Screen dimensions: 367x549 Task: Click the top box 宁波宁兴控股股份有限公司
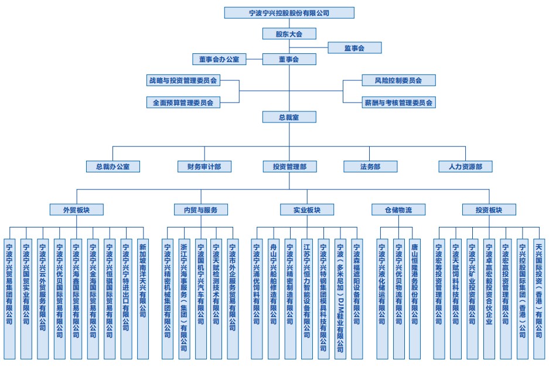(x=289, y=13)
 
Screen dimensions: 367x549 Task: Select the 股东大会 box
(x=289, y=33)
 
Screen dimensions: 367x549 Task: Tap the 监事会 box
(x=354, y=47)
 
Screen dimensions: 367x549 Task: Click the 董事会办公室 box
(x=219, y=59)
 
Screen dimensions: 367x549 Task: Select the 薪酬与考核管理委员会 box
(x=398, y=102)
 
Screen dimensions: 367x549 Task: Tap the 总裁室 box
(x=289, y=117)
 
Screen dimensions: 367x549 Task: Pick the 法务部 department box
(x=370, y=166)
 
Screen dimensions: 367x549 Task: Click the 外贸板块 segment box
(x=77, y=209)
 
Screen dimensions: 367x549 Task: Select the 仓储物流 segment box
(x=398, y=209)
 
